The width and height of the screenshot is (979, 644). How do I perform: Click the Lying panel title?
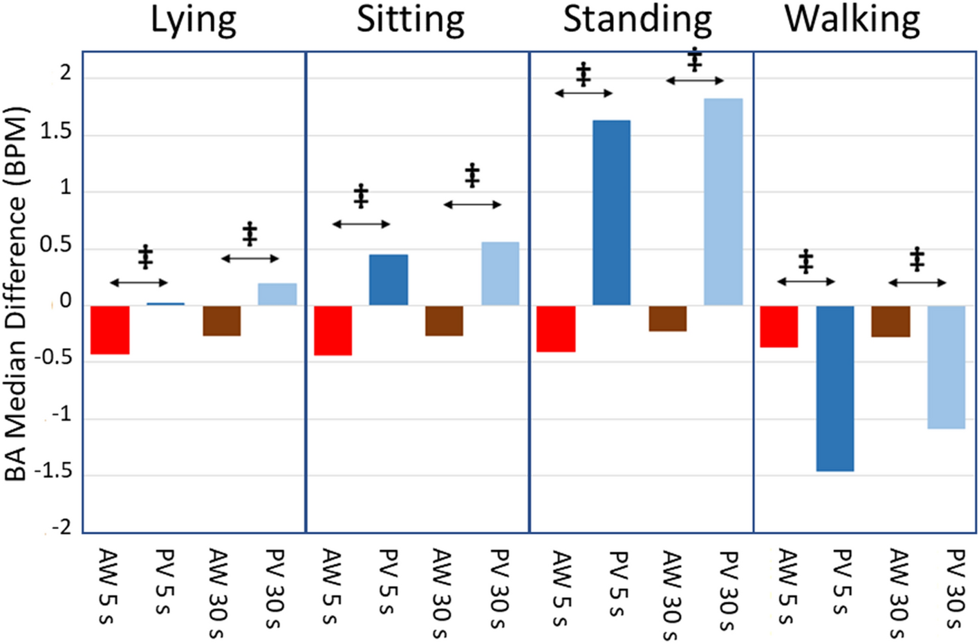(194, 21)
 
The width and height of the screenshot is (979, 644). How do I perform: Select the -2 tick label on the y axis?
(59, 528)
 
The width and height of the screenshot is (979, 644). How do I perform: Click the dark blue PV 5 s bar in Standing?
(612, 213)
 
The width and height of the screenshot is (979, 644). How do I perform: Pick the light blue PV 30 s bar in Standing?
(723, 202)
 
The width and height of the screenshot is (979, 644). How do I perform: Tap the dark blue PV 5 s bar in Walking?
(835, 388)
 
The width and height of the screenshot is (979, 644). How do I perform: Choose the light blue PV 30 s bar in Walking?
(946, 367)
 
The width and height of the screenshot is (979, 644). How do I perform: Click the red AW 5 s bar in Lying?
(110, 330)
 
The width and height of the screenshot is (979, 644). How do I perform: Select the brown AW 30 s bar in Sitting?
(444, 321)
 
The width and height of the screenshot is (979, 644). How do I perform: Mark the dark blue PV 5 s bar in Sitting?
(389, 280)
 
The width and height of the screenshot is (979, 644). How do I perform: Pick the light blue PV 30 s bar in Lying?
(277, 294)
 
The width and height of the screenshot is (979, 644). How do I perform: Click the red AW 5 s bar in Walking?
(779, 326)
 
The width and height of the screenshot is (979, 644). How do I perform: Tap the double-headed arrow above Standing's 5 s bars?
(584, 93)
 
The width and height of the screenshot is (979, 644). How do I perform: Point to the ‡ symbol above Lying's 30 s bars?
(250, 234)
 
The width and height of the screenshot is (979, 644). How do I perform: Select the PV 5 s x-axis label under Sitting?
(389, 581)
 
